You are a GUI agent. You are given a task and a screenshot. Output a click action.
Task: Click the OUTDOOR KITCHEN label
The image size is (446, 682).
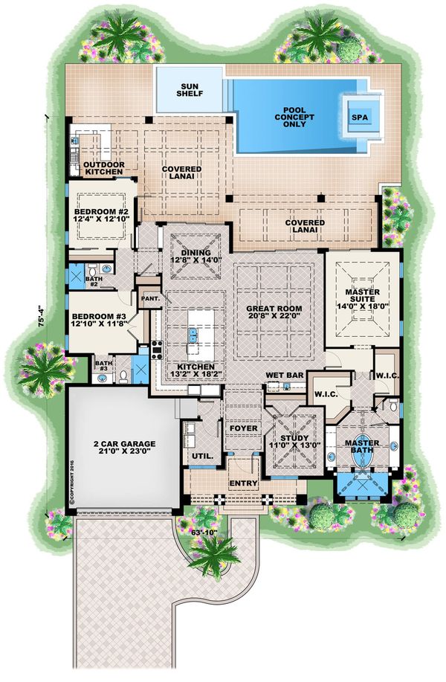[x=103, y=168]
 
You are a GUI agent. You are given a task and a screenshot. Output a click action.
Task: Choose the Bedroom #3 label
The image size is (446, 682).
[x=97, y=308]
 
